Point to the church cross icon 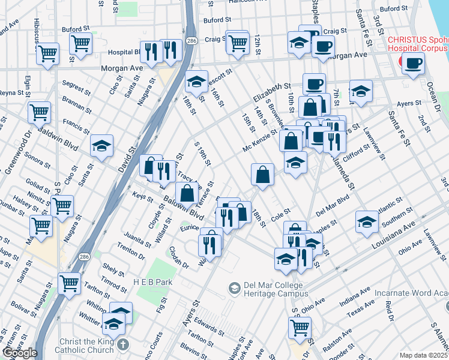pyautogui.click(x=123, y=344)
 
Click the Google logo pyautogui.click(x=19, y=353)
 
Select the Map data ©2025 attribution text pyautogui.click(x=424, y=355)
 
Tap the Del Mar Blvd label pyautogui.click(x=332, y=205)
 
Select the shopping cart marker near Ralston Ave pyautogui.click(x=300, y=328)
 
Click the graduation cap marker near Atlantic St pyautogui.click(x=367, y=221)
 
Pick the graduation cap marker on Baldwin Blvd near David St pyautogui.click(x=102, y=146)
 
